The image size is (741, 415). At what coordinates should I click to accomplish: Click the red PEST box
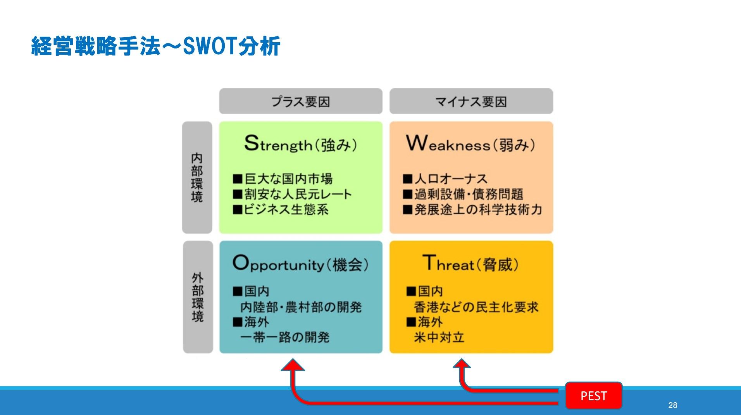pos(593,396)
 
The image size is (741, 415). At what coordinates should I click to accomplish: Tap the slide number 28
pos(672,405)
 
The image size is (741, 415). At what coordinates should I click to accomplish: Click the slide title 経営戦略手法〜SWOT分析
pos(155,46)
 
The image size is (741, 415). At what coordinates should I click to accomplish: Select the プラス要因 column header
pos(300,102)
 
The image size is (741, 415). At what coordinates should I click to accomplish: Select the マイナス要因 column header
pos(471,102)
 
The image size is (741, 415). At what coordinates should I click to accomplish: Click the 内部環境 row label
pos(197,177)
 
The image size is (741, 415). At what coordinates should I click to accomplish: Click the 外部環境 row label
pos(198,297)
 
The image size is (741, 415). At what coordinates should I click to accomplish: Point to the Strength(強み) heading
pos(300,144)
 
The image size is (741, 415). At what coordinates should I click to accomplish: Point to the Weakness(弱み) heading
pos(470,144)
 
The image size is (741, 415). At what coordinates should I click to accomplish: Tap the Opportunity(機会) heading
pos(300,264)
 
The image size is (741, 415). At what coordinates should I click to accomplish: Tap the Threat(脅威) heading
pos(470,264)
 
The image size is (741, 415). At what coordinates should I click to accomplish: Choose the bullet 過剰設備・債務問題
pos(468,194)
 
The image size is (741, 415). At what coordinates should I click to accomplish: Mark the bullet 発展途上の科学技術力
pos(477,210)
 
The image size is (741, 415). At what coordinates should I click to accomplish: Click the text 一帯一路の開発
pos(285,337)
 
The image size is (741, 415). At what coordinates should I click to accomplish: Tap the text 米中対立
pos(439,337)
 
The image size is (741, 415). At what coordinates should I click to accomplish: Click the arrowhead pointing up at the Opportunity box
pos(293,365)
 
